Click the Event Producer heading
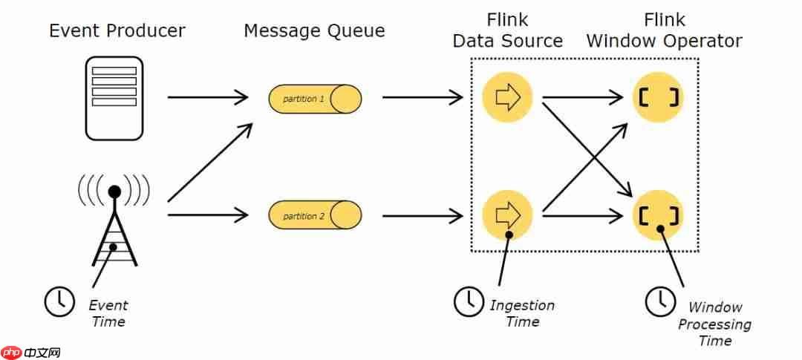(x=117, y=30)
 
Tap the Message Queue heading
(x=314, y=31)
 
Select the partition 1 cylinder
(x=315, y=99)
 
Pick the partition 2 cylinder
(x=315, y=215)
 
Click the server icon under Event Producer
(x=114, y=98)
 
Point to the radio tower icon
(x=114, y=220)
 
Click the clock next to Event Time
(x=60, y=301)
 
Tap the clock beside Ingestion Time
(x=469, y=301)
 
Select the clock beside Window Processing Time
(x=660, y=301)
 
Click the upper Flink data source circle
(x=507, y=97)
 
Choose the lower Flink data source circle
(x=507, y=215)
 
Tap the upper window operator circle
(x=659, y=97)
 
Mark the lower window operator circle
(x=659, y=215)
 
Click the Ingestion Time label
(x=522, y=313)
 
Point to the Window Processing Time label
(x=714, y=324)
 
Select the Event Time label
(x=108, y=313)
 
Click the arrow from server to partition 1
(x=208, y=97)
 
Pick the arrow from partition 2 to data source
(x=423, y=215)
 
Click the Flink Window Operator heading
(x=664, y=30)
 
